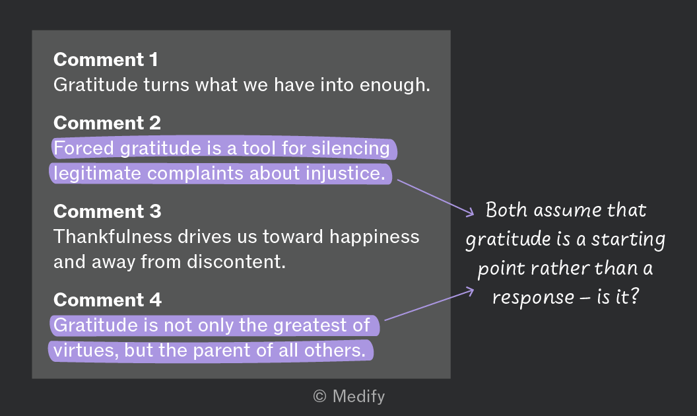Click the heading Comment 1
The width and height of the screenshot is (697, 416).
tap(106, 59)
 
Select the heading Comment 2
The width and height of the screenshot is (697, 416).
tap(107, 123)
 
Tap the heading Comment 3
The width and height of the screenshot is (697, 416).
tap(107, 211)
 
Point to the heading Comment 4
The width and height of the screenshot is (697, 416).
tap(107, 300)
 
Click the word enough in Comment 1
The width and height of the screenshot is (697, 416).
tap(395, 85)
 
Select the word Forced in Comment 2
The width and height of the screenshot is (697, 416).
tap(84, 148)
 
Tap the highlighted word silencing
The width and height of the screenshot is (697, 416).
tap(350, 149)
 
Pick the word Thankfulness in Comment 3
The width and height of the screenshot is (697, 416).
tap(112, 236)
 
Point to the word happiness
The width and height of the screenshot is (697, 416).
tap(374, 237)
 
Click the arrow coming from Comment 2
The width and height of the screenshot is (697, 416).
tap(436, 198)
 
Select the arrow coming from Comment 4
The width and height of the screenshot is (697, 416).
tap(430, 304)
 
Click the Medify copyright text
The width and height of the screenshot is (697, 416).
tap(349, 396)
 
